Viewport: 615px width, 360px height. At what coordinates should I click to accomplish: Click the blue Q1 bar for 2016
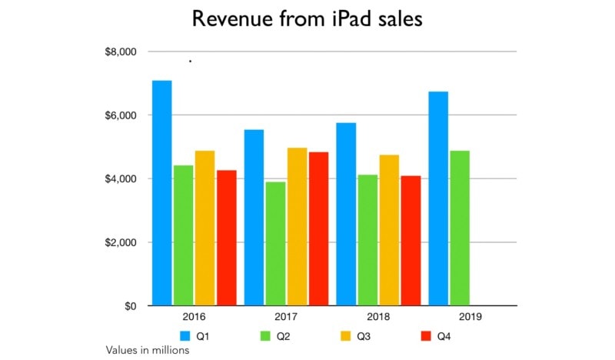161,193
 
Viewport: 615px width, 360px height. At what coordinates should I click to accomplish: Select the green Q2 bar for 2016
183,235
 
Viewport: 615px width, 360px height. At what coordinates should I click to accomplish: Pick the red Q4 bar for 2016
226,238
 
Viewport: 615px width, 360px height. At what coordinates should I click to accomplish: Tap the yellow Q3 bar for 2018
389,231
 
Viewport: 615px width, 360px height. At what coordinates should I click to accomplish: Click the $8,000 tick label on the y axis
120,52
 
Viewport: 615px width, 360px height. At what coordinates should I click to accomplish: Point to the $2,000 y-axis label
120,242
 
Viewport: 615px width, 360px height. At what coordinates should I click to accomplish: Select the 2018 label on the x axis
378,317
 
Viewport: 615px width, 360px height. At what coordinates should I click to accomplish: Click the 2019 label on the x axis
470,317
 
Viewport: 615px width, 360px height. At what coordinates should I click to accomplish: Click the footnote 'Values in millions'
148,350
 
